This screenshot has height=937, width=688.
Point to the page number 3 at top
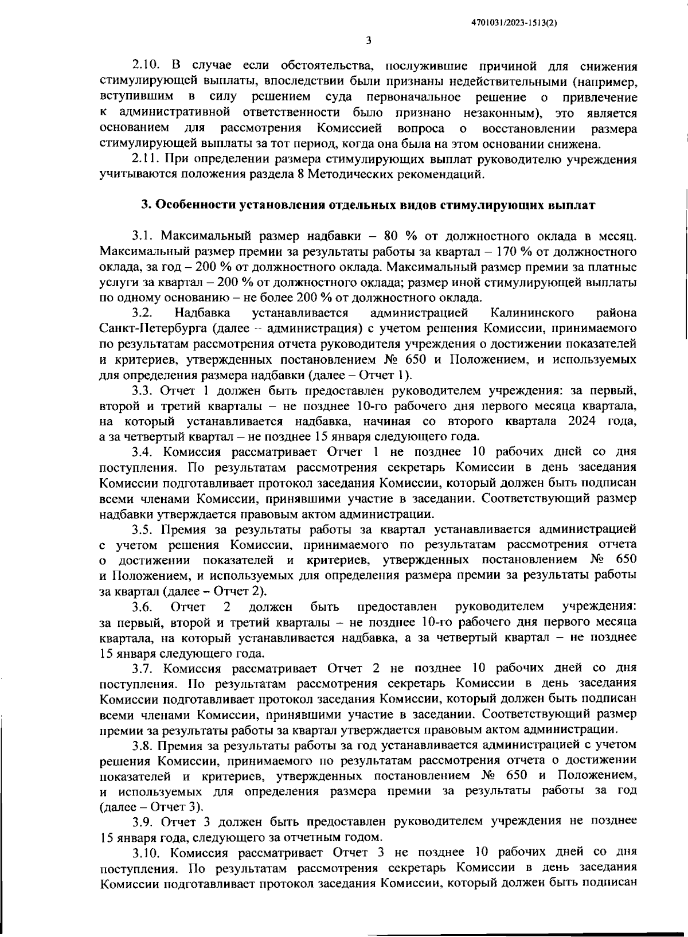point(368,40)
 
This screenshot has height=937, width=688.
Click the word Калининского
point(533,313)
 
